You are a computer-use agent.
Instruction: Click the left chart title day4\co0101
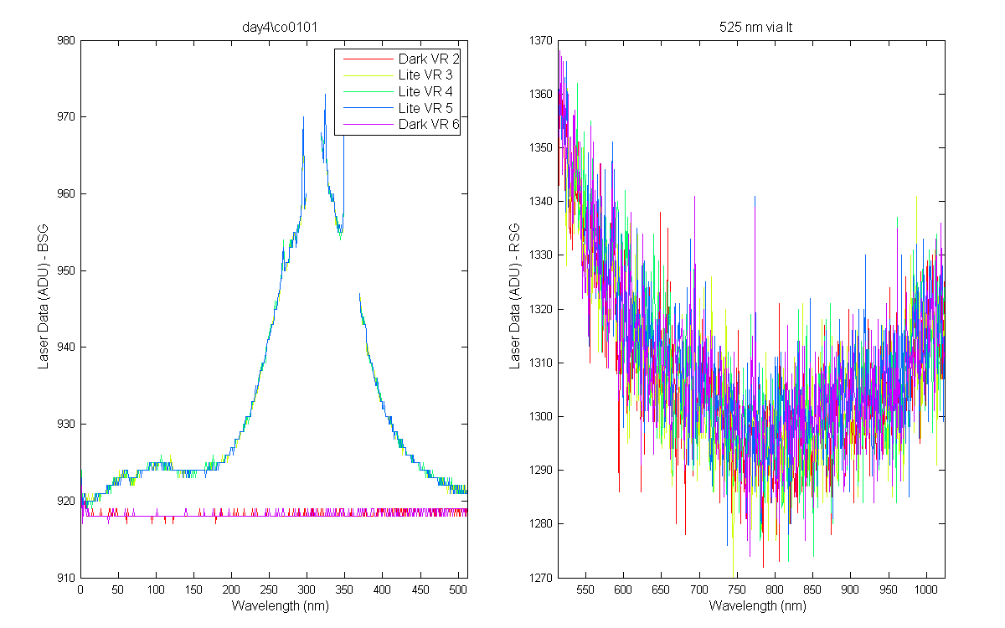pos(280,28)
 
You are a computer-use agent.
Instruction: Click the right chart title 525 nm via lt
pos(755,28)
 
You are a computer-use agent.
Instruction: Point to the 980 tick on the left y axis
pos(66,40)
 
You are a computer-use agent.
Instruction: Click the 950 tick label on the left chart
pos(66,270)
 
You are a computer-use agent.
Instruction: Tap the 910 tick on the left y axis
pos(66,578)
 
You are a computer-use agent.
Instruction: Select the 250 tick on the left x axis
pos(269,589)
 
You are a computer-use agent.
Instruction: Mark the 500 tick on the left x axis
pos(457,589)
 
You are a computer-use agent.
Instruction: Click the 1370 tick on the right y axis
pos(541,40)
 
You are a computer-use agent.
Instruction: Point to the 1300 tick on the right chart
pos(541,416)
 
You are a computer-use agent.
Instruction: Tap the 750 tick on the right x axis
pos(737,589)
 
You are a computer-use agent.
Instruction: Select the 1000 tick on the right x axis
pos(926,589)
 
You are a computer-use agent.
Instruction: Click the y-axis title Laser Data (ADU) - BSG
pos(43,296)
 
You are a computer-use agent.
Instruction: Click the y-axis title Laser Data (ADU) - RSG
pos(514,296)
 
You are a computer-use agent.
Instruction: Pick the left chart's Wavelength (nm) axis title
pos(280,606)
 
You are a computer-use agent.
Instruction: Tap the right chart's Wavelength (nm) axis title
pos(757,606)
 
